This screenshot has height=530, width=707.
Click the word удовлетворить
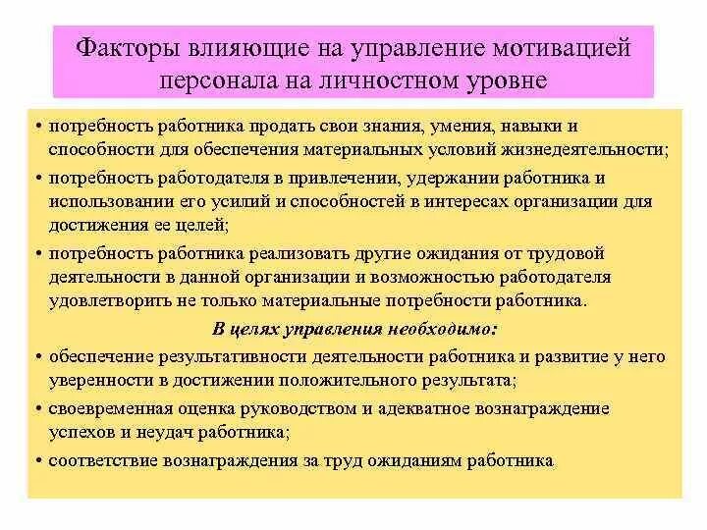(x=105, y=300)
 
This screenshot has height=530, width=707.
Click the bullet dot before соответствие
(x=36, y=459)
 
